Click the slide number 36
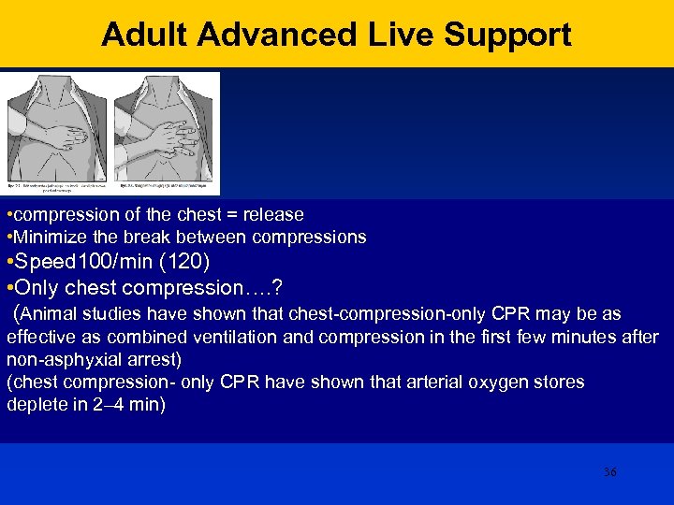point(609,472)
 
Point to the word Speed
point(47,261)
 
